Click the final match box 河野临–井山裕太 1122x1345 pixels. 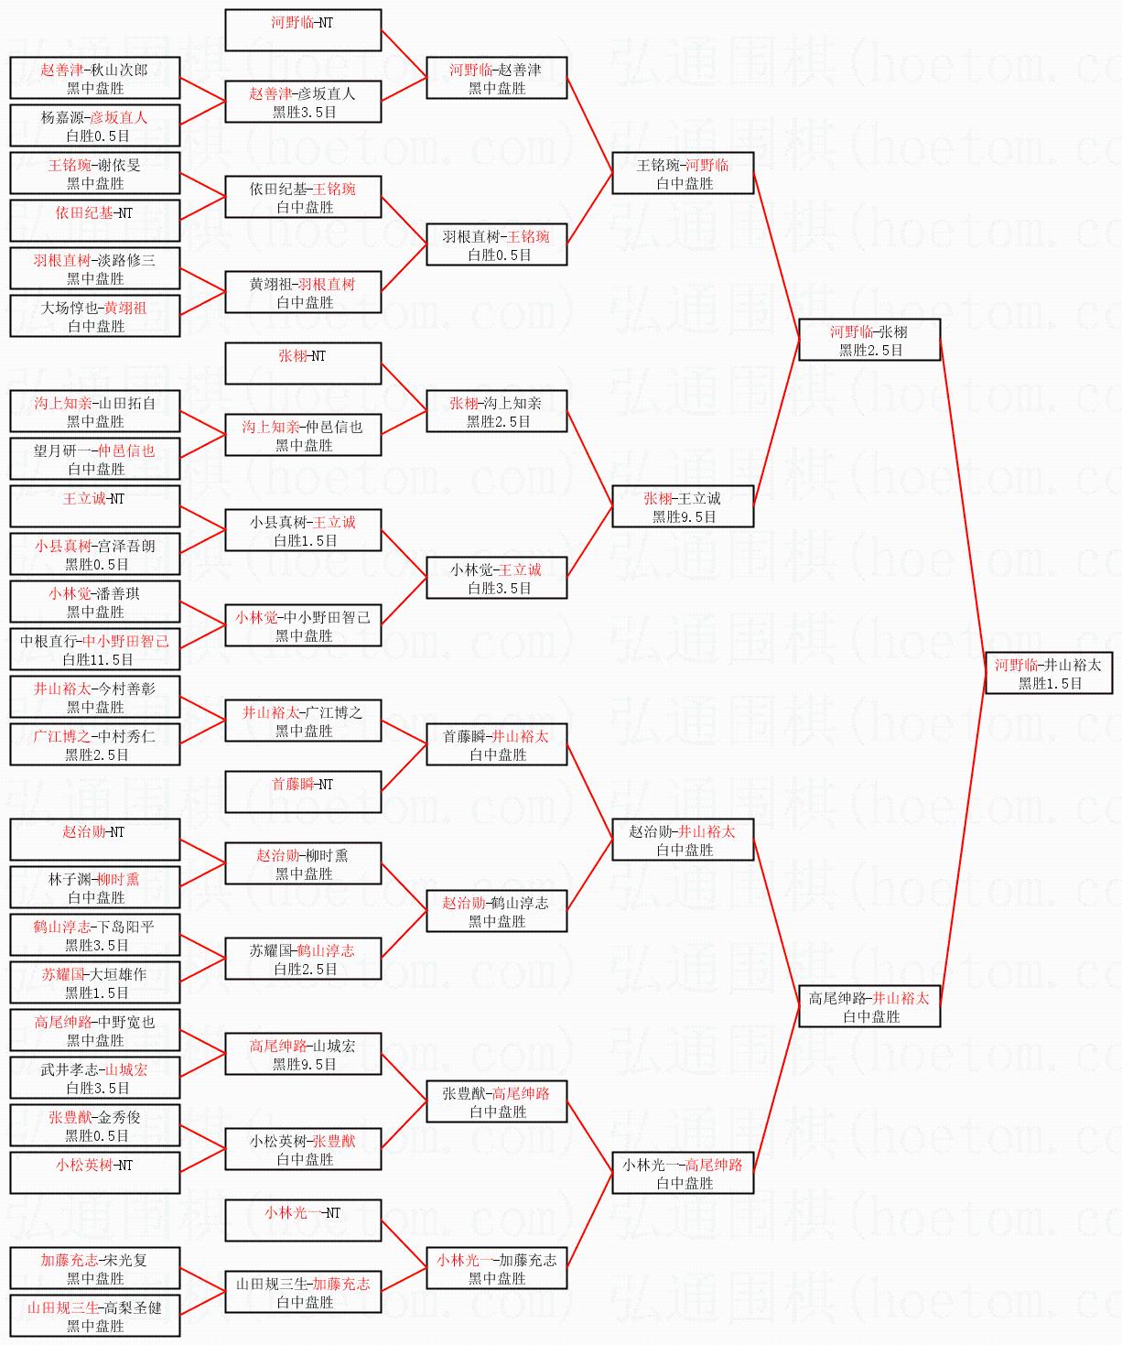pos(1048,673)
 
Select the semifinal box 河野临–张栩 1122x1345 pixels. pos(869,340)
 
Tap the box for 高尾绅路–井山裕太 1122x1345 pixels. pos(869,1006)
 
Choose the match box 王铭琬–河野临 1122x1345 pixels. pos(683,173)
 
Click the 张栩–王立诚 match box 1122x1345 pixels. pos(683,506)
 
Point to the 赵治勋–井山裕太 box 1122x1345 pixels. pos(683,840)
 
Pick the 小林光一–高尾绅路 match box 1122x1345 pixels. pos(683,1173)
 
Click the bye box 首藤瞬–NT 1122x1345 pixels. pos(303,792)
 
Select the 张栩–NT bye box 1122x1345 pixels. pos(303,363)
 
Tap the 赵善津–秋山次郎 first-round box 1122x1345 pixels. pos(95,78)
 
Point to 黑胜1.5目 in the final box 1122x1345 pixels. pos(1050,683)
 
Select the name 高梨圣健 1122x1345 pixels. pos(133,1307)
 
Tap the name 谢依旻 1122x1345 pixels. pos(120,165)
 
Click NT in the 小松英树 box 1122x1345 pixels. pos(124,1165)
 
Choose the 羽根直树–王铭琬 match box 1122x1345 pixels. pos(496,244)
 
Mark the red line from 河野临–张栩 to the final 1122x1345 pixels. pos(963,504)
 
